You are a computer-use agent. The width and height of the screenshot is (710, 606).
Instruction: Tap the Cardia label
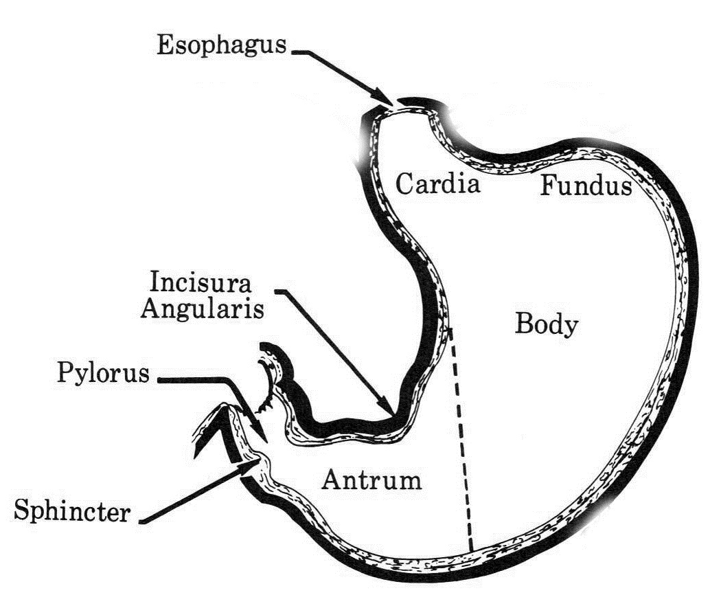pos(437,183)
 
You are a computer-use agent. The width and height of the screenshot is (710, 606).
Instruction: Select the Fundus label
pos(585,186)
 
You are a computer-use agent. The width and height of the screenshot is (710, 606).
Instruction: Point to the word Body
pos(546,324)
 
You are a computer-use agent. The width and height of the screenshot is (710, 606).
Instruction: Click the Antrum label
pos(371,479)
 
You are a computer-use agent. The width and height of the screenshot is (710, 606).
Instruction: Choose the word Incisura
pos(201,282)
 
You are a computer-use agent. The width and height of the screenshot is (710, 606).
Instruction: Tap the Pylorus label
pos(103,374)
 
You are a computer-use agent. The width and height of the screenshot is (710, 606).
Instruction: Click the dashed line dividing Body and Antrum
pos(461,440)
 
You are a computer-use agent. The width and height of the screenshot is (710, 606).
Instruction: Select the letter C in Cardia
pos(404,183)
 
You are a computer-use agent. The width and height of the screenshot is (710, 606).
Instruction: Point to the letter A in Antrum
pos(330,479)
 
